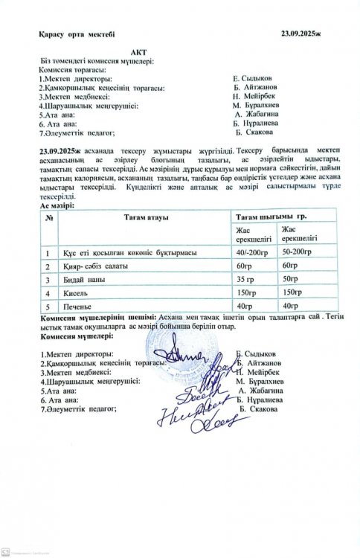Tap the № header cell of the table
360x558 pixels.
click(x=49, y=217)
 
